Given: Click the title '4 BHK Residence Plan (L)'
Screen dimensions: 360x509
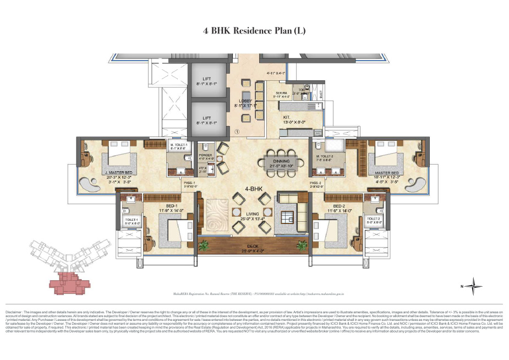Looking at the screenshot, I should [x=254, y=30].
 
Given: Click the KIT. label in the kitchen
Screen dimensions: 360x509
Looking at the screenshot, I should [x=287, y=117].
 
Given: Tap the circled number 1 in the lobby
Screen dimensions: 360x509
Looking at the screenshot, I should [x=237, y=132].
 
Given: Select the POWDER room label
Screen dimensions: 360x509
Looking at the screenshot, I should [x=205, y=155].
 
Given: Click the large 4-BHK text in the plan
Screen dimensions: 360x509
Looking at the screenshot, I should [x=240, y=189].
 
